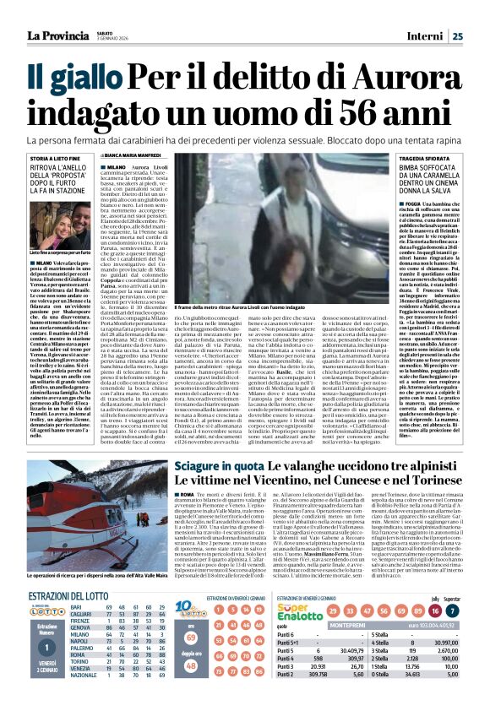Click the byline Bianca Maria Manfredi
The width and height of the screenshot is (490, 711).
[133, 155]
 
